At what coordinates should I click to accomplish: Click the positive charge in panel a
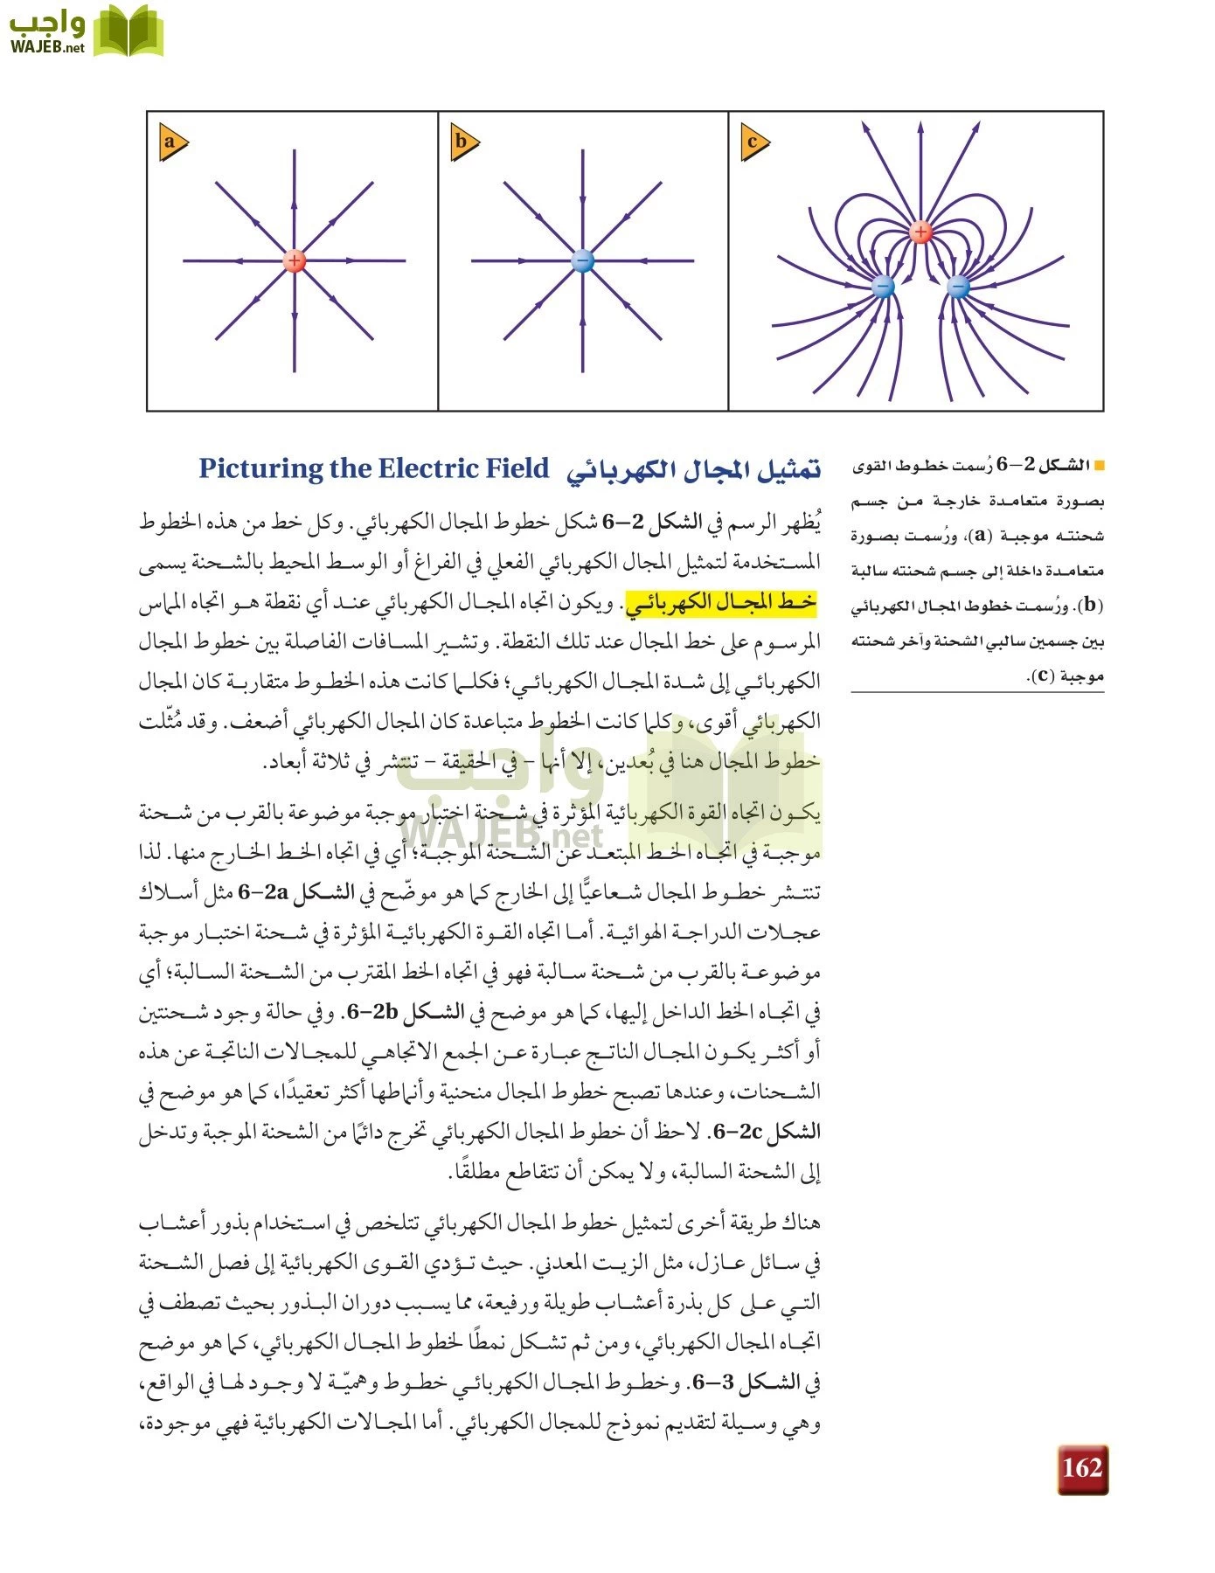click(x=295, y=260)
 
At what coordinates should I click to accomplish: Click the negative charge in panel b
click(x=582, y=260)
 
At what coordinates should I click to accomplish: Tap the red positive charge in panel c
click(x=920, y=232)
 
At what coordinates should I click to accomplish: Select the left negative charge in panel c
click(x=883, y=287)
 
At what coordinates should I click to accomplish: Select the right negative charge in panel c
click(x=959, y=287)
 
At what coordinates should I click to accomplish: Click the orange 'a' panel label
click(x=172, y=143)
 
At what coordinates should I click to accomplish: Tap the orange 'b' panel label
click(x=463, y=143)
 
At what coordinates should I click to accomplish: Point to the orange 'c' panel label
click(x=753, y=143)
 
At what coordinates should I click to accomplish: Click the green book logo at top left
click(x=128, y=31)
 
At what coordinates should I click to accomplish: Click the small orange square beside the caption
click(x=1099, y=466)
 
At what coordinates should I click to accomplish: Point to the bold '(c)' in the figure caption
click(x=1040, y=676)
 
